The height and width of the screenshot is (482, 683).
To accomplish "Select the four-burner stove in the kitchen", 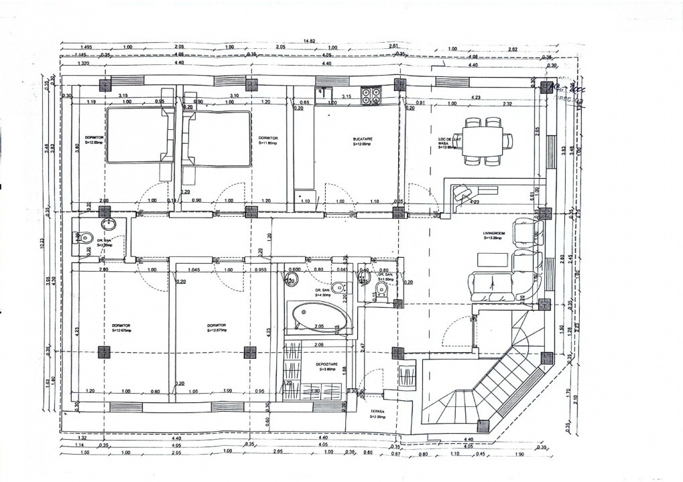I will [x=371, y=96].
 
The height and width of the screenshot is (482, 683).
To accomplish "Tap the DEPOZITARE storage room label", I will [x=326, y=364].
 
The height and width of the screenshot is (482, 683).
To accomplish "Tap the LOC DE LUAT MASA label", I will [x=448, y=143].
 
